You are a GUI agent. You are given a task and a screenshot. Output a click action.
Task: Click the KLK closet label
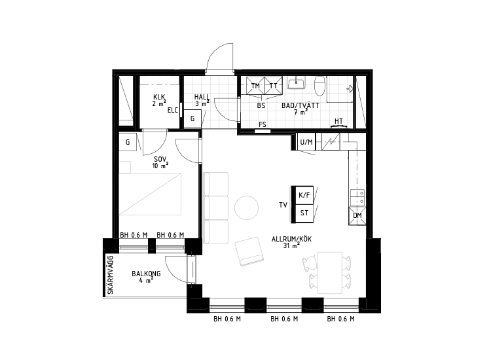tap(159, 97)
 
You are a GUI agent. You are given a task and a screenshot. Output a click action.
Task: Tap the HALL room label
tap(202, 97)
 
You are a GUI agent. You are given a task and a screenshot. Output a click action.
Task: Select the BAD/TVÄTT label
tap(300, 105)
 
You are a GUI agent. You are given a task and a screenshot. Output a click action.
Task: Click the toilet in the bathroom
tap(320, 86)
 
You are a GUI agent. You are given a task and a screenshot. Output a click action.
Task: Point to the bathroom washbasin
tap(296, 83)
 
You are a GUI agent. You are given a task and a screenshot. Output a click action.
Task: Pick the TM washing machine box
tap(255, 86)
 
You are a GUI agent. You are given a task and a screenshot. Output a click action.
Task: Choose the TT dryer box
tap(274, 86)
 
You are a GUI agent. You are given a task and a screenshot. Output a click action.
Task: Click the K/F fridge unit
tap(304, 195)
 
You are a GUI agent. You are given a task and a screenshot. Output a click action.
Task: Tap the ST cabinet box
tap(304, 213)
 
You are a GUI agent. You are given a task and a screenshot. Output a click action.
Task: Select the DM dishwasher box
tap(357, 215)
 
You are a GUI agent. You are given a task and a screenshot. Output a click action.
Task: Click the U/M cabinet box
tap(306, 142)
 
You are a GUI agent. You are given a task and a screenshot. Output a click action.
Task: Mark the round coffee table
tap(246, 207)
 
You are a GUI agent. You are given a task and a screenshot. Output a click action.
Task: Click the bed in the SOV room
tap(150, 194)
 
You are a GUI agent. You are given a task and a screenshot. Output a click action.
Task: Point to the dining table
tap(330, 272)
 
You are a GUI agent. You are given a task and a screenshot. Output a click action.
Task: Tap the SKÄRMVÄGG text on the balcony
tap(110, 274)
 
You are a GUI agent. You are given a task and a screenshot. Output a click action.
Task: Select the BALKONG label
tap(146, 274)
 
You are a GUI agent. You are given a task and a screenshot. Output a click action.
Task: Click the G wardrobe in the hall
tap(192, 118)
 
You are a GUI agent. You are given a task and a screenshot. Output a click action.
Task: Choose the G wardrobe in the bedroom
tap(128, 142)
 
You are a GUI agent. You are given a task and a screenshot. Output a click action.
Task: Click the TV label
tap(283, 205)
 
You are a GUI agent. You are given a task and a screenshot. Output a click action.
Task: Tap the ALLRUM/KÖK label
tap(291, 239)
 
